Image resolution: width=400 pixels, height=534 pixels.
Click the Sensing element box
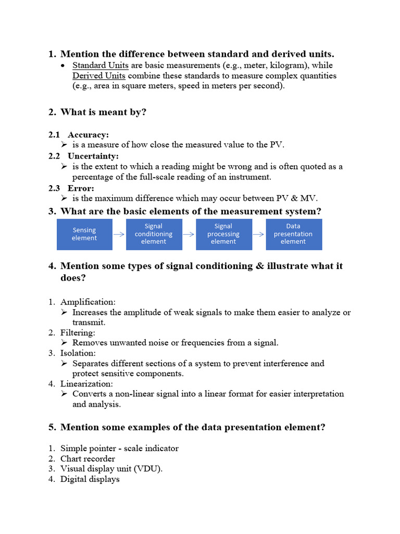84,234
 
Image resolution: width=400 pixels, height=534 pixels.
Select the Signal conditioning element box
154,234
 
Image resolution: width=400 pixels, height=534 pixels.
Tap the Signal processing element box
223,234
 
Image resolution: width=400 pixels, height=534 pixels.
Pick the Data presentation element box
293,234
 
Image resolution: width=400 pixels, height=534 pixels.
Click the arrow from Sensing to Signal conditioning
119,235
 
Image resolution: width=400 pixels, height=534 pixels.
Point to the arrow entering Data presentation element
258,235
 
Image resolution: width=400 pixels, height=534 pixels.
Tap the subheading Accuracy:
88,135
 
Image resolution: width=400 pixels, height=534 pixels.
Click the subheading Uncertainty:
93,156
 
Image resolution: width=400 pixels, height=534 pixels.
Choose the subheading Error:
81,188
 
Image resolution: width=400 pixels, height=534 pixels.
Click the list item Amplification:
88,302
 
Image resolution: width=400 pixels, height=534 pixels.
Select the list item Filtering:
78,332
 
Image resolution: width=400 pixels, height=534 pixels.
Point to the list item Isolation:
78,353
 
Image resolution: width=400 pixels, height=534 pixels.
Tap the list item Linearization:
86,384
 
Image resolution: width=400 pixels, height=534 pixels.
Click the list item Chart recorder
87,458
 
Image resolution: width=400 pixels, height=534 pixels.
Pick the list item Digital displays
90,479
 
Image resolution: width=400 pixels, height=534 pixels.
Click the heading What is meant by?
103,112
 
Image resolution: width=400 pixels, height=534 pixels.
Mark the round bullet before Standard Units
63,66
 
